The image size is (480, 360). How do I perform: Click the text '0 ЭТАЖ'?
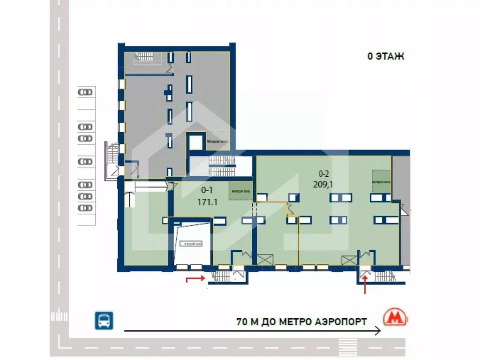385,57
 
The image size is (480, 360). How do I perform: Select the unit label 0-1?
207,191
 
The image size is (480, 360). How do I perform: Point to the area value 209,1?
323,185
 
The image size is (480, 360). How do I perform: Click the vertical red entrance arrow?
365,285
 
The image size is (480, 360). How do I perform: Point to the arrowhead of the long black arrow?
379,331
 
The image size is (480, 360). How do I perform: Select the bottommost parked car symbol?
85,208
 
